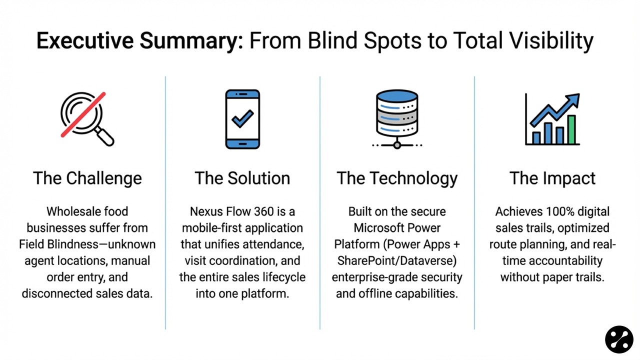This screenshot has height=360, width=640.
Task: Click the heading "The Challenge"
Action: click(87, 178)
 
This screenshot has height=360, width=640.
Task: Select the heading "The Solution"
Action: click(242, 178)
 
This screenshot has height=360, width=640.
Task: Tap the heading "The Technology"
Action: click(397, 178)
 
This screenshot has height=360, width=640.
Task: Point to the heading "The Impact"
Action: click(552, 178)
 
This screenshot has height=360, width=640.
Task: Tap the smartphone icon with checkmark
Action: click(242, 119)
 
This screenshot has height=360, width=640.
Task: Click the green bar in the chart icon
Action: click(571, 129)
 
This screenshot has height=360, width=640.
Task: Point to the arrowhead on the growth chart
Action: click(574, 99)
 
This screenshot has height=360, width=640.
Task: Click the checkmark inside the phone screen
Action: click(242, 118)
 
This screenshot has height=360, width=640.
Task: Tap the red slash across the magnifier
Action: click(83, 114)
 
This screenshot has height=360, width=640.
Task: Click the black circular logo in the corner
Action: click(619, 339)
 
